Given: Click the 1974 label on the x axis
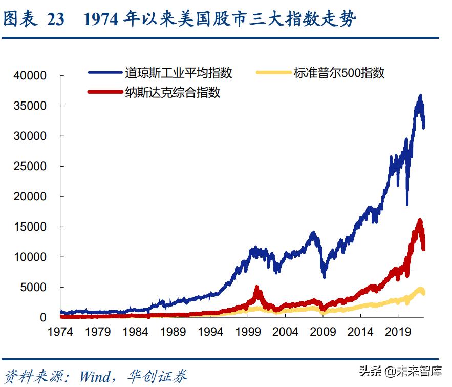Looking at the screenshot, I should [x=60, y=332].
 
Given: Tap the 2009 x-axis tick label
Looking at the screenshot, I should [x=324, y=332].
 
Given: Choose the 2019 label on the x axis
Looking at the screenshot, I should [x=399, y=332].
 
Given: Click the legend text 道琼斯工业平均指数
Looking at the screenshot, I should [x=178, y=73].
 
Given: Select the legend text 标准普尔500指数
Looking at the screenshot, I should [x=339, y=73].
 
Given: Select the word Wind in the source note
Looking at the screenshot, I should [x=94, y=377].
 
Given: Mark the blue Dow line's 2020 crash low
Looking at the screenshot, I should [x=407, y=204].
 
